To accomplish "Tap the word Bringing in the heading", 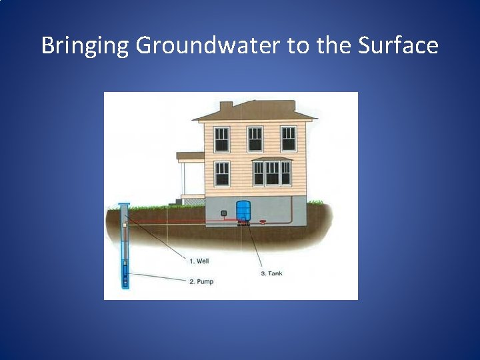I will [x=85, y=46].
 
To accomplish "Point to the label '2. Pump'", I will [x=201, y=281].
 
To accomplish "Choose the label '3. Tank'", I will [x=271, y=273].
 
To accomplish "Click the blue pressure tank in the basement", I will [x=243, y=211].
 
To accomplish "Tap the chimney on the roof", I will [x=226, y=107].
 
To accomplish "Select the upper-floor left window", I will [x=221, y=139].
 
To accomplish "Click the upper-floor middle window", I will [x=255, y=139].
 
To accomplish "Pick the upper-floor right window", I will [x=288, y=139].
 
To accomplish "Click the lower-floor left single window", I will [x=221, y=173].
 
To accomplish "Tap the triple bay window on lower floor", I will [x=271, y=173].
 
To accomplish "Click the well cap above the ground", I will [x=125, y=204].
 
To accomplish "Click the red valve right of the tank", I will [x=262, y=221].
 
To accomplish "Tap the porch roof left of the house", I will [x=190, y=155].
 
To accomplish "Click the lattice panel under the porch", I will [x=194, y=200].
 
